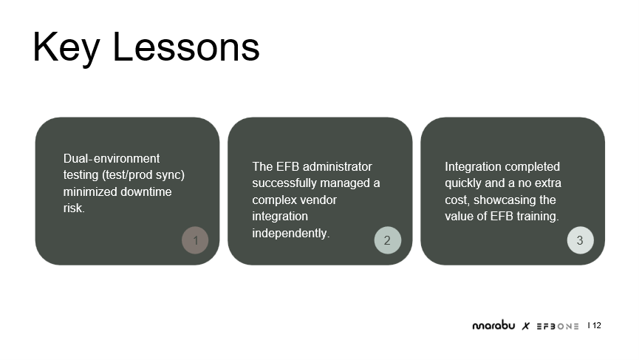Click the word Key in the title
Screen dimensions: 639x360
[66, 47]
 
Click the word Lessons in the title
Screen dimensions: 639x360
[186, 47]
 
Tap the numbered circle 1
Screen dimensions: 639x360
[195, 240]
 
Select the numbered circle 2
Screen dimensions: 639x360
[388, 240]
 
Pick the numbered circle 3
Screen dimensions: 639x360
[581, 240]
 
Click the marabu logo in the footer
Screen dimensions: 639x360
[493, 325]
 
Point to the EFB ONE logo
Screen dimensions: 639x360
[558, 326]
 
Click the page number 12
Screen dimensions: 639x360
[597, 325]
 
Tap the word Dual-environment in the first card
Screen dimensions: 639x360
[112, 158]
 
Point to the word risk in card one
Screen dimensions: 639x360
[73, 208]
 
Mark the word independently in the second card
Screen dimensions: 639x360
[290, 233]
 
